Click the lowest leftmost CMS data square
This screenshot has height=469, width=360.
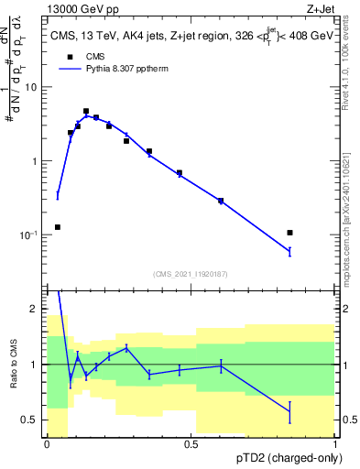click(58, 227)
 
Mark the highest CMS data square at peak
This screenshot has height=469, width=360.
click(86, 111)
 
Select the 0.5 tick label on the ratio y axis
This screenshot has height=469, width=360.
click(28, 420)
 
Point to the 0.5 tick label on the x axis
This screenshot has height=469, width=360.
click(191, 444)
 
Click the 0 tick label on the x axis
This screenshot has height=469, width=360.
click(46, 444)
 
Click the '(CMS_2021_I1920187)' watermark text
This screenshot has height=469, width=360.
click(190, 273)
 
